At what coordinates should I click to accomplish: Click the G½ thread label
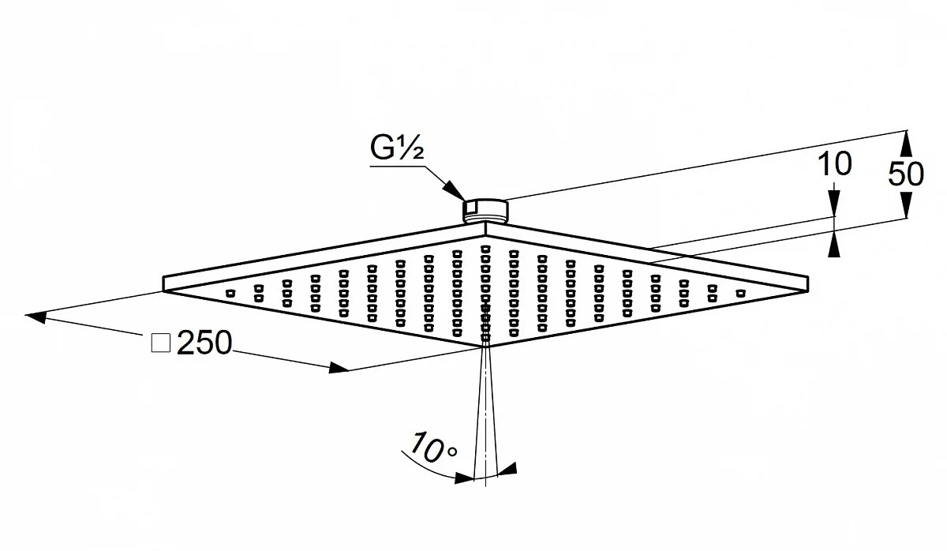click(396, 148)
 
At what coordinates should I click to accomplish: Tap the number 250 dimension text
click(204, 342)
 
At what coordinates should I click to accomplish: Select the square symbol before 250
click(161, 343)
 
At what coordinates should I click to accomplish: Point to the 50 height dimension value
click(906, 174)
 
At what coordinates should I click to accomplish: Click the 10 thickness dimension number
click(835, 164)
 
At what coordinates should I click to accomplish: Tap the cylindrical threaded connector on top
click(485, 211)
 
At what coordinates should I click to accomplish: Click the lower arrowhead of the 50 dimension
click(905, 204)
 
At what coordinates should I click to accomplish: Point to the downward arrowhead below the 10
click(833, 204)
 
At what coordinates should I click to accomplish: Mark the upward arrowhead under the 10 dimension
click(833, 244)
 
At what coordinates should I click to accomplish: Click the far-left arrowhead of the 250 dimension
click(36, 317)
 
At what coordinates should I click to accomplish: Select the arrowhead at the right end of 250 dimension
click(339, 368)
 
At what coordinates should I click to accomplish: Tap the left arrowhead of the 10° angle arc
click(464, 478)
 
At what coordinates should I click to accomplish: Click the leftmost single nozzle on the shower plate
click(230, 293)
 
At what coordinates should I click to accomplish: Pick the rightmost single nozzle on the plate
click(741, 293)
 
